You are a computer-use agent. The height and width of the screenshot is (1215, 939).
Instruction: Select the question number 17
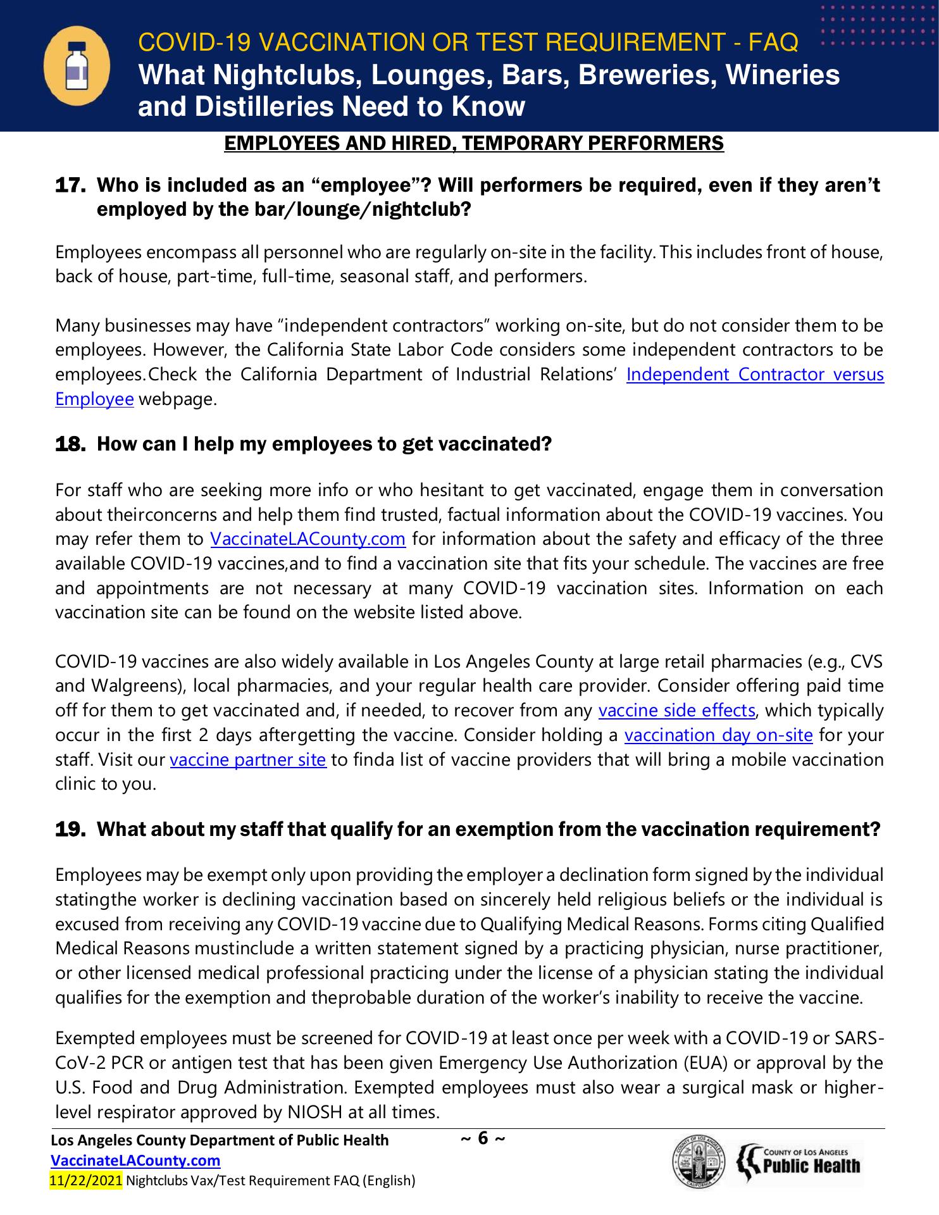[70, 186]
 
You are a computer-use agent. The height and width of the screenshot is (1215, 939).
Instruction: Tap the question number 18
[70, 445]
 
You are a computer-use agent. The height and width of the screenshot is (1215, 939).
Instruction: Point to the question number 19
[70, 830]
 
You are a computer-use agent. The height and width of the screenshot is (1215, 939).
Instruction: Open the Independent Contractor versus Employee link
[754, 375]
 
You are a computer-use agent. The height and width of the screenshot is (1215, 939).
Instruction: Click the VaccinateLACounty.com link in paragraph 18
[308, 539]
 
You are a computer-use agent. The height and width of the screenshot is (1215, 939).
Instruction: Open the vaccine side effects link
[676, 711]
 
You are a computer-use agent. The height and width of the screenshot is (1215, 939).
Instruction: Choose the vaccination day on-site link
[718, 735]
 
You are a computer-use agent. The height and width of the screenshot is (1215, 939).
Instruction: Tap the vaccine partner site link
[248, 760]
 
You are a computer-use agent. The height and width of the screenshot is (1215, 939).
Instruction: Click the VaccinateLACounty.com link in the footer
[135, 1161]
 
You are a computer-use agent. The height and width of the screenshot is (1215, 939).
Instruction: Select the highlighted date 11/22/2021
[86, 1180]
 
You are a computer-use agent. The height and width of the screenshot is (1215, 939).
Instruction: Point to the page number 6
[483, 1138]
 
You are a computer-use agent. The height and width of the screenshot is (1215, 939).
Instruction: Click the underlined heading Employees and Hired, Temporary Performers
[474, 144]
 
